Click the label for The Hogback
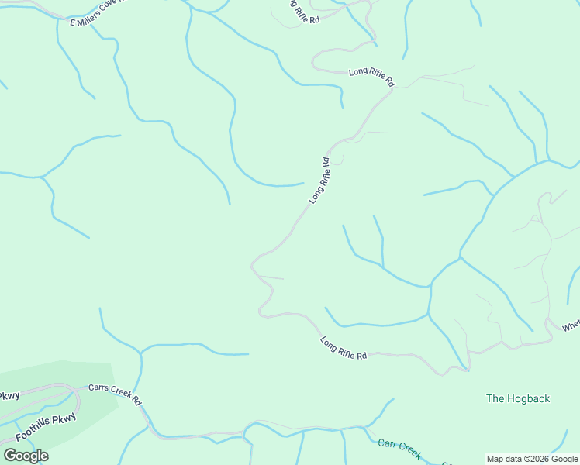point(518,398)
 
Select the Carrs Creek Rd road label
point(114,394)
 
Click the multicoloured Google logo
point(26,455)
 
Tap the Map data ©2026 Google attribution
point(533,459)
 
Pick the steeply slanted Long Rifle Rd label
point(319,181)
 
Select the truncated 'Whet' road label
point(571,326)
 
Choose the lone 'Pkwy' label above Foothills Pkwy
point(9,396)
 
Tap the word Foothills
point(34,432)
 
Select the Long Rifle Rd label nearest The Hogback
point(343,347)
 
